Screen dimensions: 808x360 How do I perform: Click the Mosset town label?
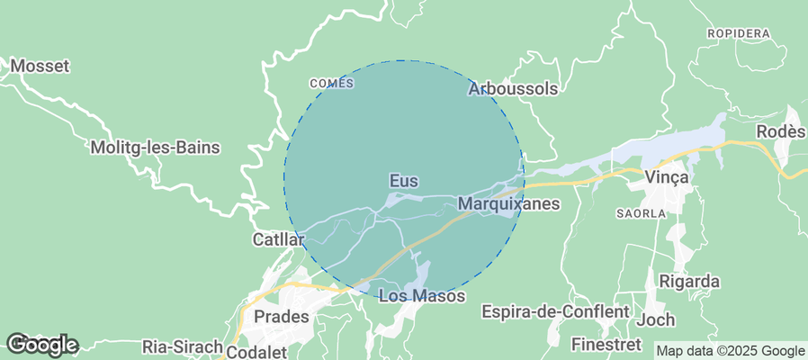40,66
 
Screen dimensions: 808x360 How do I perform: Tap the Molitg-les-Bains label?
156,148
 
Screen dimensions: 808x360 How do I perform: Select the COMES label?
331,84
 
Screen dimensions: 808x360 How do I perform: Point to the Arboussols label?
513,89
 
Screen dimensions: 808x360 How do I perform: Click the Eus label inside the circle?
404,181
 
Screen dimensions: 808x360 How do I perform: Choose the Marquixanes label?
508,204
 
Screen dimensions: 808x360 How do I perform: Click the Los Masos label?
422,295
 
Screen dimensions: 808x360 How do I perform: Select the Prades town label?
282,317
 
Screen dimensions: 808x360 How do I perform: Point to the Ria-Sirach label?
182,346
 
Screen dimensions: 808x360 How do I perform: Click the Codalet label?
257,352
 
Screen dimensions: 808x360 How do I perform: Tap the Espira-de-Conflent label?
555,311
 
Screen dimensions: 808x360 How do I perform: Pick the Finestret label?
606,344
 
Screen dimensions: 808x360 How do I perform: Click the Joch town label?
655,319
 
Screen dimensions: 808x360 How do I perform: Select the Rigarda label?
690,281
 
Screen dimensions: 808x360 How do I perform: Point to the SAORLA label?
641,213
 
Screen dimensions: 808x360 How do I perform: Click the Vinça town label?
667,177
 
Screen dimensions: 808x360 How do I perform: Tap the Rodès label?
780,131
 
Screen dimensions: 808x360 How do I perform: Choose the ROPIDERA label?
739,33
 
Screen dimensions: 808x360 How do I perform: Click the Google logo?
41,344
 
